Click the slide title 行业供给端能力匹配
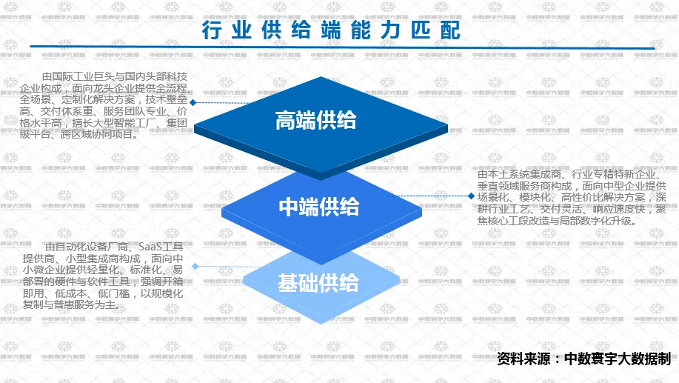click(331, 31)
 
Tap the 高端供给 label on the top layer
click(315, 120)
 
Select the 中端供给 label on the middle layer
click(319, 207)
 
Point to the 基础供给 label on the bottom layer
click(318, 283)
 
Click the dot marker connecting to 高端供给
click(193, 103)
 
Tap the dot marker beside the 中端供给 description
click(471, 196)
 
